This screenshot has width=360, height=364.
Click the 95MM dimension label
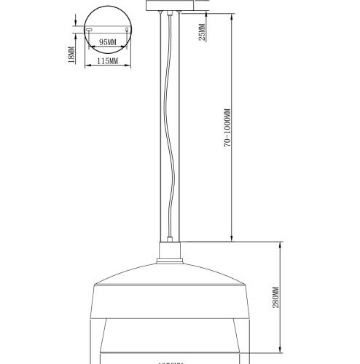pos(108,42)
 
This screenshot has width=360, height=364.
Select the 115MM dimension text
pos(107,61)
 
